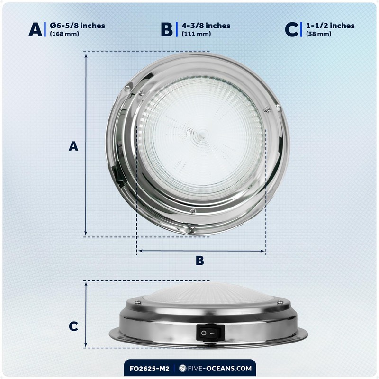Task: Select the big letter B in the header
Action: click(x=167, y=29)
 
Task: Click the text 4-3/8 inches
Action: click(x=206, y=26)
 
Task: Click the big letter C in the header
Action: click(x=291, y=29)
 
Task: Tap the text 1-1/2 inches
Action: click(x=330, y=26)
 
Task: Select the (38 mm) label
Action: click(x=318, y=34)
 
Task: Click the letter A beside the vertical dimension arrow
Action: click(x=73, y=146)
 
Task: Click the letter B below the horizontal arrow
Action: click(x=200, y=261)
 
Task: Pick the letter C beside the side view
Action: click(x=73, y=326)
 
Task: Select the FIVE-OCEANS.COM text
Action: click(x=219, y=367)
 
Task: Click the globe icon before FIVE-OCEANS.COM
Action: click(x=182, y=367)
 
